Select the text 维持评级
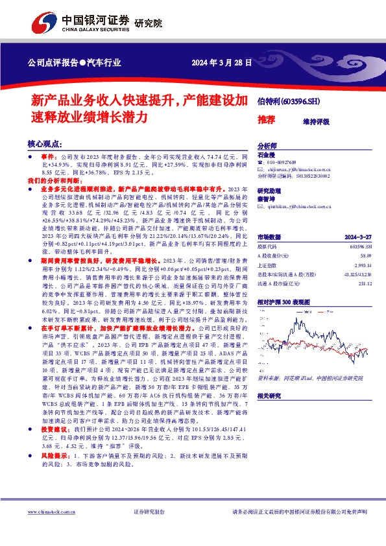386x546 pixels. point(317,121)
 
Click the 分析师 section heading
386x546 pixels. point(267,147)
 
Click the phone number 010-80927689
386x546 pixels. point(291,163)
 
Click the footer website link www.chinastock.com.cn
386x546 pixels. point(51,512)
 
